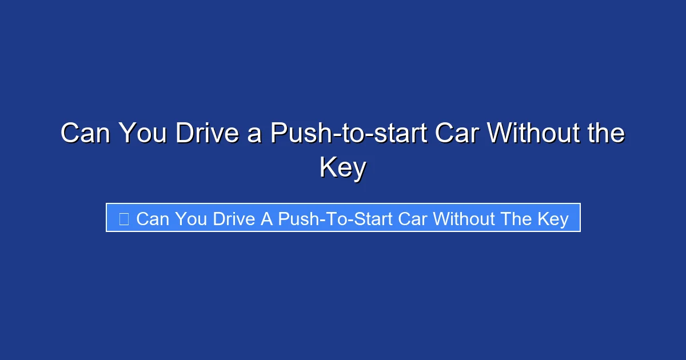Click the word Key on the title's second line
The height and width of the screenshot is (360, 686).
[343, 167]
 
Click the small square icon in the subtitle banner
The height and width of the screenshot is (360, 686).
[123, 218]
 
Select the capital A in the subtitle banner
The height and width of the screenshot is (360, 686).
[267, 218]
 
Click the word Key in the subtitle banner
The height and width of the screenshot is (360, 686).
[553, 219]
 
